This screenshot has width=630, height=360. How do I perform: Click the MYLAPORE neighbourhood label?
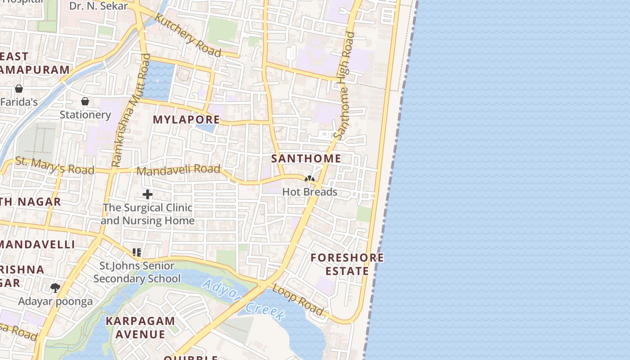[x=186, y=120]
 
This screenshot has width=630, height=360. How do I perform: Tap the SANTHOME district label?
[x=306, y=159]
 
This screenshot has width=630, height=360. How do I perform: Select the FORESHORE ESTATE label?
[x=347, y=264]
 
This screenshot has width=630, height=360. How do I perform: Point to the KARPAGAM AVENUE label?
[x=140, y=328]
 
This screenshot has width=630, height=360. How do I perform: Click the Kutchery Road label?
[x=188, y=35]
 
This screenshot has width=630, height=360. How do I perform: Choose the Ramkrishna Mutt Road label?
[x=131, y=111]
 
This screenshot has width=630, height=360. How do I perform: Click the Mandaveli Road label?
[x=178, y=170]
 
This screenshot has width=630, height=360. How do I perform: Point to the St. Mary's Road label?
[x=55, y=166]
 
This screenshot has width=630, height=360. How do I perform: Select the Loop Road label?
[x=298, y=300]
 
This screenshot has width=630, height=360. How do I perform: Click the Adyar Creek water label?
[x=243, y=299]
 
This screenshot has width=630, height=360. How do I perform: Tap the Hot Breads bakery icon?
[x=310, y=179]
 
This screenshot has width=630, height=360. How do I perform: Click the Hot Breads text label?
[x=310, y=192]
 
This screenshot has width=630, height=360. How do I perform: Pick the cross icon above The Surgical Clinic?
[x=148, y=194]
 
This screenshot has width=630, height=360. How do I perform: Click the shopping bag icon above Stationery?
[x=85, y=101]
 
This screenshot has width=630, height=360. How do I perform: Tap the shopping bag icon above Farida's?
[x=19, y=89]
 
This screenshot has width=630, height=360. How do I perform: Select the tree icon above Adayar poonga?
[x=55, y=288]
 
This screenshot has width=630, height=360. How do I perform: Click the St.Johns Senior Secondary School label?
[x=137, y=272]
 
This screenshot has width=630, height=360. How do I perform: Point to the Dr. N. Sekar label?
[x=99, y=6]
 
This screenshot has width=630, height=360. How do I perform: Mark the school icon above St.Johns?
[x=137, y=252]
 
